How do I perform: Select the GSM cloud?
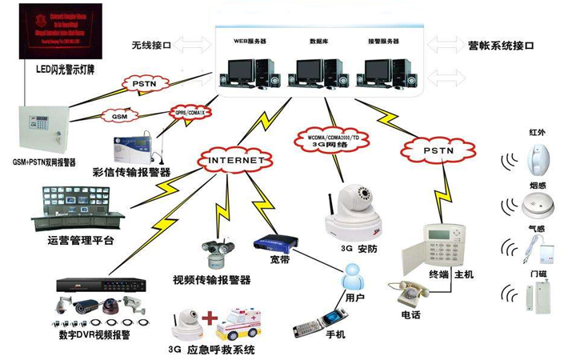click(120, 117)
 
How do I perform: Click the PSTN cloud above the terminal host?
click(433, 148)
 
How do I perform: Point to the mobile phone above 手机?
click(309, 326)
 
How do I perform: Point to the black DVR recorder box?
click(101, 285)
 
